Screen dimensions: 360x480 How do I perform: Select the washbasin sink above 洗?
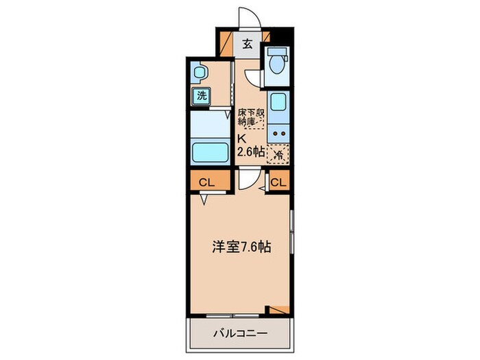pos(199,72)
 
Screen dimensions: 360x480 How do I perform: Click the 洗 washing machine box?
pos(201,95)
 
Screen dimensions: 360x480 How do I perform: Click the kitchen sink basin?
pos(278,104)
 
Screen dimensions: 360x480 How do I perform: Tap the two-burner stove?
pos(278,133)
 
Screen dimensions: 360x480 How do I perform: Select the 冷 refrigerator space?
pos(278,154)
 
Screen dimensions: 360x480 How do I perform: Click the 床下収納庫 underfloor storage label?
pos(250,117)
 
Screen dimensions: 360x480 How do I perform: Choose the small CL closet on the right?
pos(278,182)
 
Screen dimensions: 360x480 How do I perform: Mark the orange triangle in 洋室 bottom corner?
pos(279,309)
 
